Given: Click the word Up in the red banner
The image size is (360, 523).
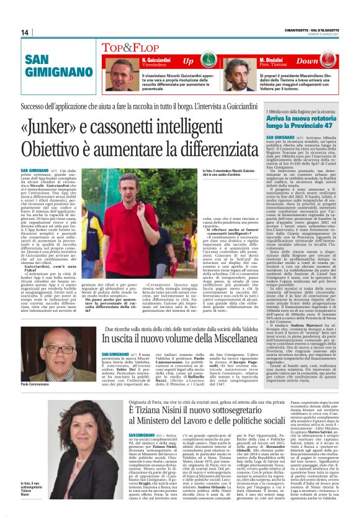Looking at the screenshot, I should (188, 61).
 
